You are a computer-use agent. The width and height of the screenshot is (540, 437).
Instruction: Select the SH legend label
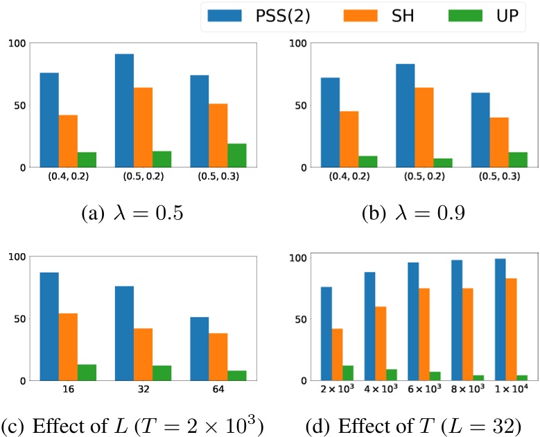(x=400, y=15)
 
